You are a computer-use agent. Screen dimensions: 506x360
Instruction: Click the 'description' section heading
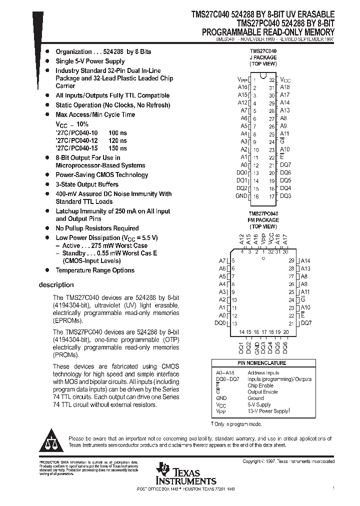pyautogui.click(x=56, y=285)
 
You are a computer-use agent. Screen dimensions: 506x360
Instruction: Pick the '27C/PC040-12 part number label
pyautogui.click(x=77, y=140)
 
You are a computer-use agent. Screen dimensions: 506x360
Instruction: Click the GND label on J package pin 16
pyautogui.click(x=241, y=196)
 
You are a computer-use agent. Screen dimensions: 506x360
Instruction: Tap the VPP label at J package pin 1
pyautogui.click(x=242, y=79)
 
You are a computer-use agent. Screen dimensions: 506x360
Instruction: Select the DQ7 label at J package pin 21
pyautogui.click(x=285, y=164)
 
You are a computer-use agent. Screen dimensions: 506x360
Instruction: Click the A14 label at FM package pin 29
pyautogui.click(x=305, y=261)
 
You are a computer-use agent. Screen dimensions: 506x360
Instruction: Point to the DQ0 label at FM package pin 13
pyautogui.click(x=220, y=323)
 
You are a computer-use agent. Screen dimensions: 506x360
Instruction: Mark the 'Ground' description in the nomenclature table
pyautogui.click(x=255, y=398)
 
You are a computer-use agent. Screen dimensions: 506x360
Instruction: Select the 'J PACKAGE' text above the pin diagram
pyautogui.click(x=263, y=57)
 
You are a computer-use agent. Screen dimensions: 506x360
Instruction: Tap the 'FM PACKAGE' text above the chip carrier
pyautogui.click(x=263, y=219)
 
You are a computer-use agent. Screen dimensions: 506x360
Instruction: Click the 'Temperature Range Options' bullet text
pyautogui.click(x=95, y=270)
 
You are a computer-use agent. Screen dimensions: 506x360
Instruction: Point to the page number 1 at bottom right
pyautogui.click(x=333, y=487)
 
